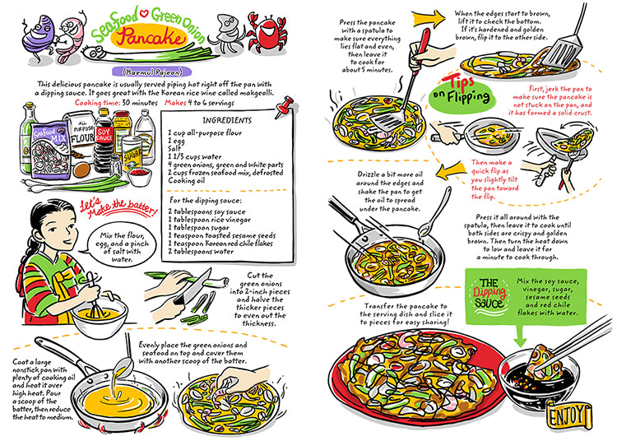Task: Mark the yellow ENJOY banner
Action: (x=576, y=411)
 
